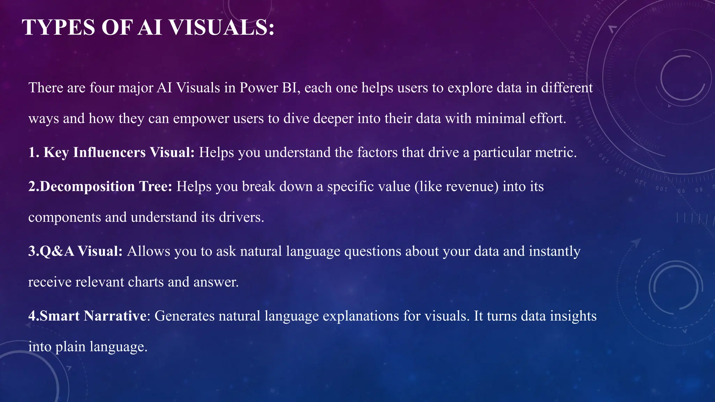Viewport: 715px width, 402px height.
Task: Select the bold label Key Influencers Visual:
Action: (119, 152)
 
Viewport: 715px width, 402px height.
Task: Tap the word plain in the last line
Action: (70, 347)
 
